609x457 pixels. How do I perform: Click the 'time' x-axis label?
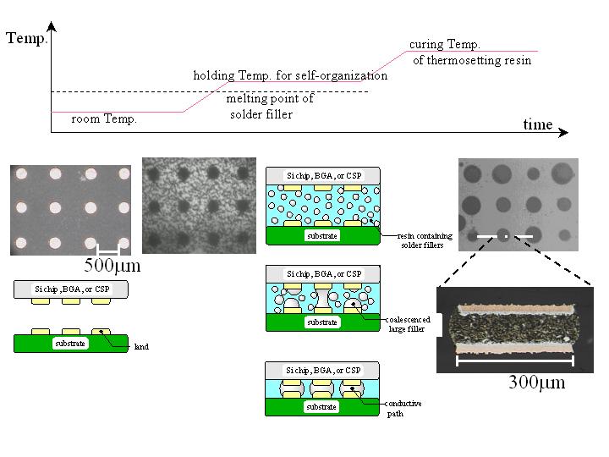coord(537,124)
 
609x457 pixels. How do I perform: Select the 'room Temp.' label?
coord(104,119)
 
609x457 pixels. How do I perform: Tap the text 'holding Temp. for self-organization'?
coord(290,75)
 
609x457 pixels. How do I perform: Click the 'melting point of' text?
coord(270,98)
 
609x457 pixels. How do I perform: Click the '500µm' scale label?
coord(111,266)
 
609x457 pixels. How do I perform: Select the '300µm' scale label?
coord(536,383)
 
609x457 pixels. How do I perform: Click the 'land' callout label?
coord(141,346)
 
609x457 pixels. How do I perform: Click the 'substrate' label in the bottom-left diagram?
coord(72,344)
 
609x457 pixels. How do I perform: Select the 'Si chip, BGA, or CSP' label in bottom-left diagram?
coord(72,289)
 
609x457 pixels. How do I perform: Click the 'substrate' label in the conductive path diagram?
coord(322,407)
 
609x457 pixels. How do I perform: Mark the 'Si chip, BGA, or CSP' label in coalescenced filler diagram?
coord(322,274)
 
